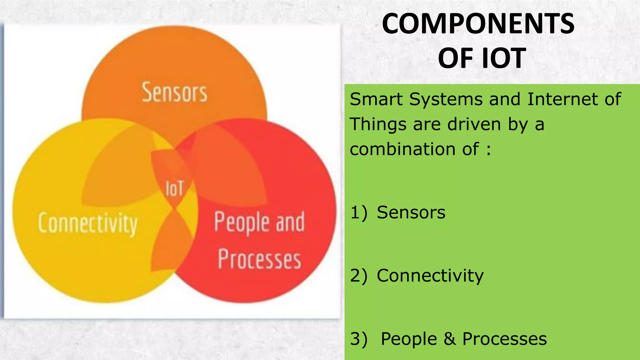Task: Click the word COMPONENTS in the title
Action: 478,24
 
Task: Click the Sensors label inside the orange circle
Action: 174,92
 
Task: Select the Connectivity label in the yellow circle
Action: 88,223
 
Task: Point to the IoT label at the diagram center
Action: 174,189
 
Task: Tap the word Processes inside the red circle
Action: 259,259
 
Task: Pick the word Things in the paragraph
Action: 378,124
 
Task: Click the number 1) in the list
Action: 359,212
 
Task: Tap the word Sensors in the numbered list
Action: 411,212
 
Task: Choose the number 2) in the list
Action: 359,276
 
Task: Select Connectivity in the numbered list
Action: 430,276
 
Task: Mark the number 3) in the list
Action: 359,339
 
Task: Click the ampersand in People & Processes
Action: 450,339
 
